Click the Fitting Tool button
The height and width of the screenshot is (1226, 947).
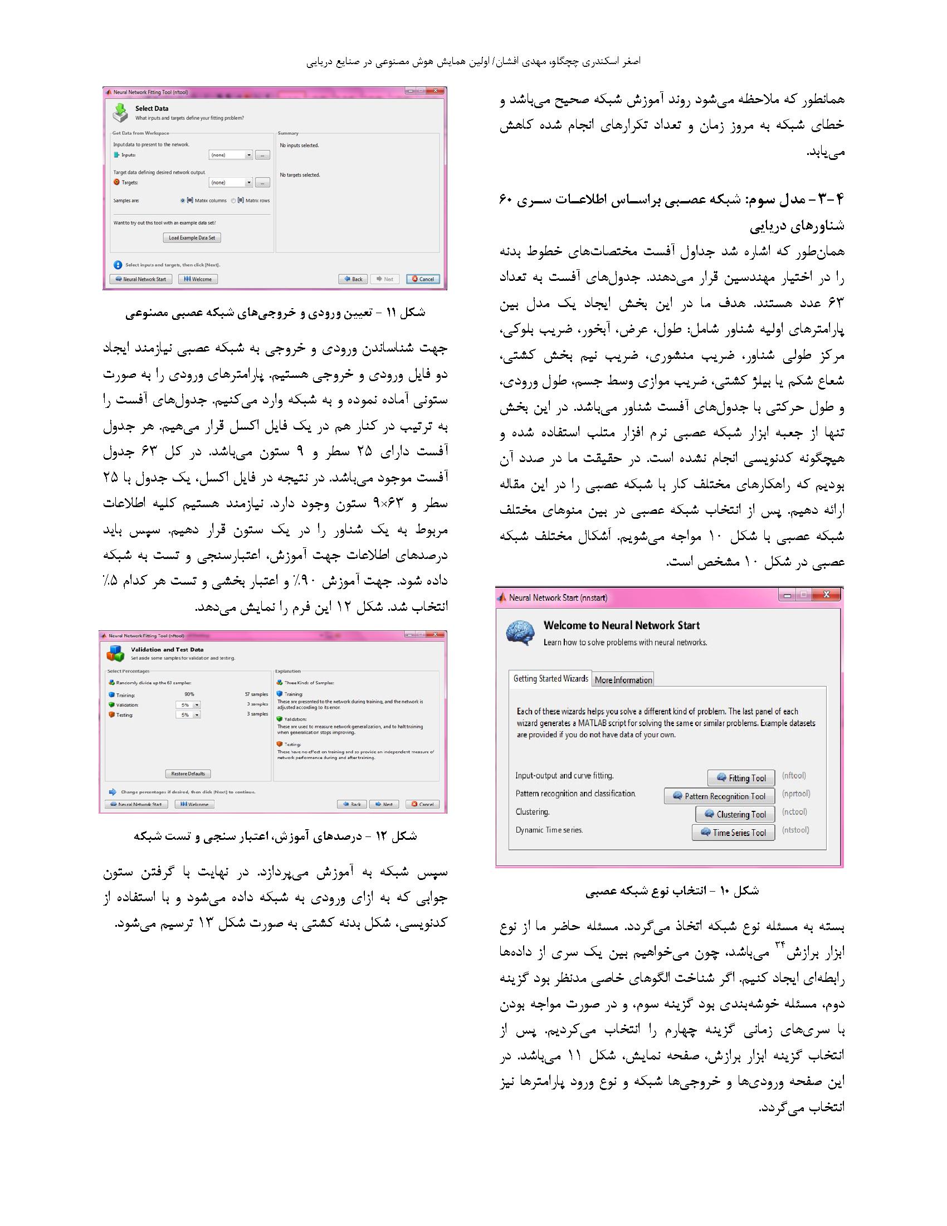(x=740, y=777)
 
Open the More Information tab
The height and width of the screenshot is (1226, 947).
(x=623, y=680)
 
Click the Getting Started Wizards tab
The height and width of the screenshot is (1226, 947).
(x=550, y=679)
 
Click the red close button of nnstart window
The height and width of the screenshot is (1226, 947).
(x=826, y=595)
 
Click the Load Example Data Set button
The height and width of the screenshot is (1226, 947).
(x=192, y=237)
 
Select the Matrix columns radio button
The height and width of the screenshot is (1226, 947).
(x=183, y=201)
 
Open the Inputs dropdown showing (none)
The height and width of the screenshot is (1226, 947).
(x=231, y=155)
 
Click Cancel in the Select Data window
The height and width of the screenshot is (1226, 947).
(x=423, y=279)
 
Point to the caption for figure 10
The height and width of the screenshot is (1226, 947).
(x=672, y=891)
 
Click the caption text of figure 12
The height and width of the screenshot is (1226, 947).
(x=275, y=836)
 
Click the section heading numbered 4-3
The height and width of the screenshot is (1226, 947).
(x=672, y=212)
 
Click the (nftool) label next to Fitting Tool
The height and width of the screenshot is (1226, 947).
(x=794, y=776)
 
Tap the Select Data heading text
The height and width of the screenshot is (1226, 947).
(x=152, y=108)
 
